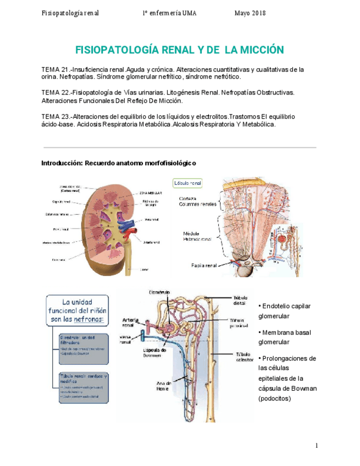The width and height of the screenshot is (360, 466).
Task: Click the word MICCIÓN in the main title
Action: click(258, 50)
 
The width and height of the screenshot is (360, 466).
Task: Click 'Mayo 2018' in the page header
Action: click(250, 13)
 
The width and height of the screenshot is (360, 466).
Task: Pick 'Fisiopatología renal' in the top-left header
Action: click(70, 13)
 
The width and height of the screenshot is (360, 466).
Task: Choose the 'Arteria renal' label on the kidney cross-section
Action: click(151, 241)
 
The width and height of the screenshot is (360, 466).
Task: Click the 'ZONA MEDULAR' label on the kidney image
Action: click(151, 193)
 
